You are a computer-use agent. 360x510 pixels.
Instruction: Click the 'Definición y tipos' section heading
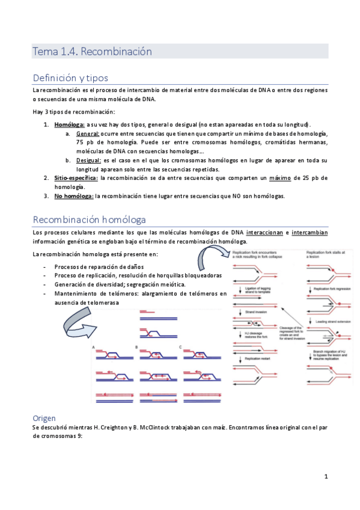click(70, 78)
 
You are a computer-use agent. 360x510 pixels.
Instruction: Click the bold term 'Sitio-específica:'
click(76, 178)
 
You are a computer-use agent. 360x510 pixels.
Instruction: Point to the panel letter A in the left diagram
click(94, 348)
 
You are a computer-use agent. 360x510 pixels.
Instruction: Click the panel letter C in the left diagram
click(181, 348)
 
